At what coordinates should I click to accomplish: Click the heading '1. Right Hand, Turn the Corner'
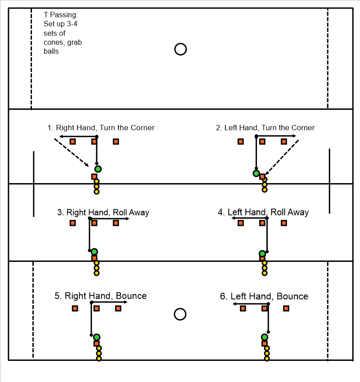tap(101, 128)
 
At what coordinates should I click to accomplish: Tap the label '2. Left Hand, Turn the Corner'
tap(265, 128)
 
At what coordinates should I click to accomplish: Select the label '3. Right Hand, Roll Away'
tap(103, 212)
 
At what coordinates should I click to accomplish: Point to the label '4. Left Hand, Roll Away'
tap(263, 212)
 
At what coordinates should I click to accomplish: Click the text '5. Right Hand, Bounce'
tap(100, 296)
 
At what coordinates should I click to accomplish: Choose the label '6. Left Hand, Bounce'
tap(264, 296)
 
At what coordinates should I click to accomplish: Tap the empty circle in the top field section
tap(180, 49)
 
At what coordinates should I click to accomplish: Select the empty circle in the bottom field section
tap(180, 314)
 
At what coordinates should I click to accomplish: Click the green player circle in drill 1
tap(98, 169)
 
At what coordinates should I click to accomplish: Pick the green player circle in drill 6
tap(265, 337)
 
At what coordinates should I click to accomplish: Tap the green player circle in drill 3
tap(94, 252)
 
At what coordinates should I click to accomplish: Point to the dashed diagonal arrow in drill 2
tap(282, 157)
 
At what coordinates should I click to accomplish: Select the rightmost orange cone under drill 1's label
tap(116, 142)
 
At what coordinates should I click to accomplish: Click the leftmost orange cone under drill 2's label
tap(241, 142)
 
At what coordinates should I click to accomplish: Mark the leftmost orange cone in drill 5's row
tap(75, 308)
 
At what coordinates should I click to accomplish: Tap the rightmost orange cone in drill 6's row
tap(286, 308)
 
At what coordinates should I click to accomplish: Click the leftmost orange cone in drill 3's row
tap(73, 223)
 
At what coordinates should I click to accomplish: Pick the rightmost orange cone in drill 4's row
tap(284, 223)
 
